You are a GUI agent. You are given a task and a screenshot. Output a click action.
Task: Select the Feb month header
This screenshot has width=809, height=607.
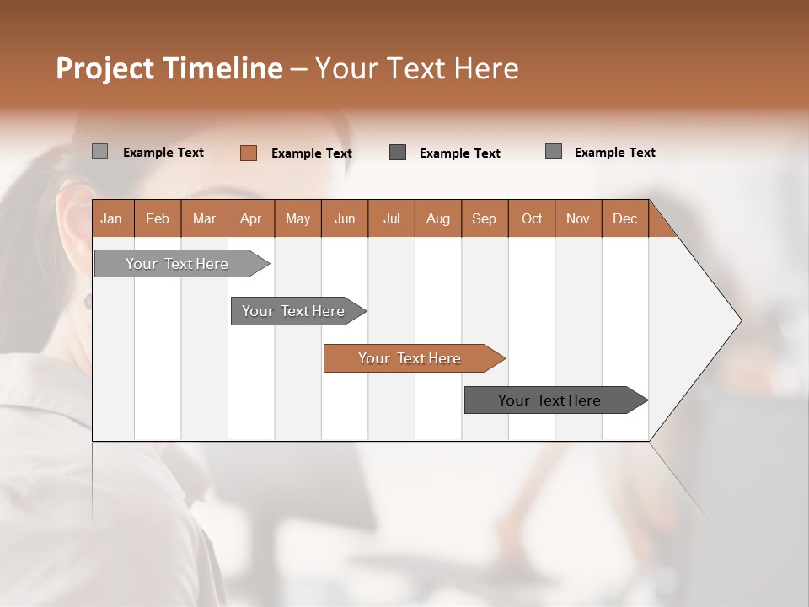pyautogui.click(x=158, y=218)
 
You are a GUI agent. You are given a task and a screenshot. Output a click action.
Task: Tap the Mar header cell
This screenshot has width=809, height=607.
pyautogui.click(x=204, y=218)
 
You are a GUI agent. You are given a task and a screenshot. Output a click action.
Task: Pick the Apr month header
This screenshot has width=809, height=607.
pyautogui.click(x=251, y=218)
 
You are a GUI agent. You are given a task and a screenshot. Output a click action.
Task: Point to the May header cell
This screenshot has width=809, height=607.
pyautogui.click(x=297, y=218)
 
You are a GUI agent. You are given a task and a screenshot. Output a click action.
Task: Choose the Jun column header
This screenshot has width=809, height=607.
pyautogui.click(x=345, y=218)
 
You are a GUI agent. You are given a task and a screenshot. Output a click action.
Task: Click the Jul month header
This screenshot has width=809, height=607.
pyautogui.click(x=391, y=218)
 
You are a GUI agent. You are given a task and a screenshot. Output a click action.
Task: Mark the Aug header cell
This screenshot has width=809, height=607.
pyautogui.click(x=438, y=218)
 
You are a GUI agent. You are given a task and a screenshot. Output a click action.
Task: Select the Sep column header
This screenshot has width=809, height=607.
pyautogui.click(x=485, y=218)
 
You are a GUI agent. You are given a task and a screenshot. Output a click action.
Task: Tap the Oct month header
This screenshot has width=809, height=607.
pyautogui.click(x=532, y=218)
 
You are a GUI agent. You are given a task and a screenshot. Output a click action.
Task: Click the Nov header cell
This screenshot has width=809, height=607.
pyautogui.click(x=578, y=218)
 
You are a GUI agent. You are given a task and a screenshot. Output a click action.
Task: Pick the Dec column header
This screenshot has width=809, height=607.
pyautogui.click(x=625, y=218)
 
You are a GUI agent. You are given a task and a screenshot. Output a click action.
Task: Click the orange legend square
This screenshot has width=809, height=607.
pyautogui.click(x=249, y=153)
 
